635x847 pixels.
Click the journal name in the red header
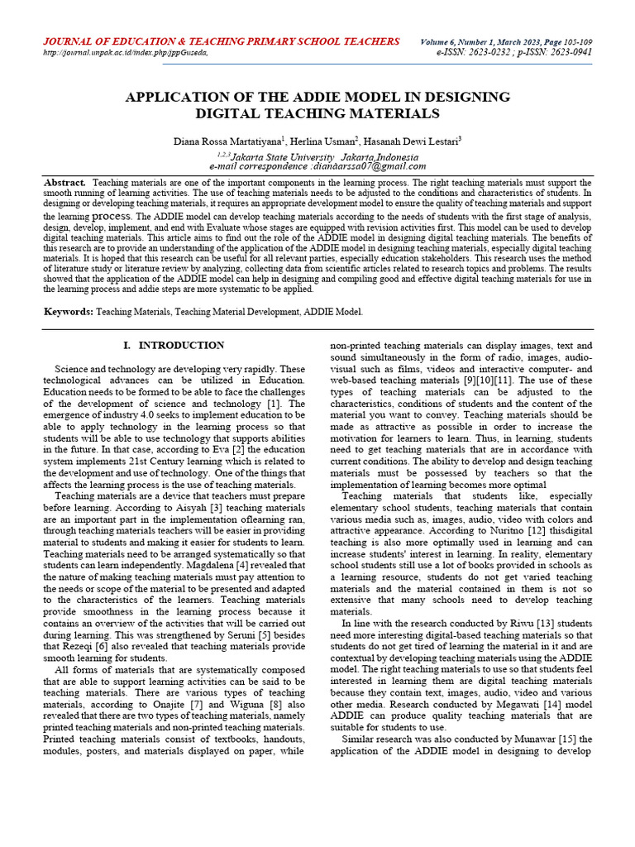pyautogui.click(x=221, y=41)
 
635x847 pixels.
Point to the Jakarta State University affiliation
pyautogui.click(x=283, y=156)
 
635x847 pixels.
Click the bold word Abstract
pyautogui.click(x=64, y=182)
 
